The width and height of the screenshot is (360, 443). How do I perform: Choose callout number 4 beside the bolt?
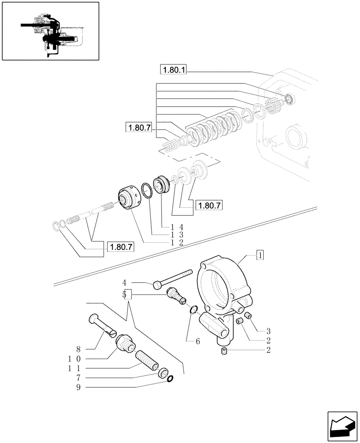click(x=125, y=282)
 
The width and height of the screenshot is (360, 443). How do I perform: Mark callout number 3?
click(x=268, y=331)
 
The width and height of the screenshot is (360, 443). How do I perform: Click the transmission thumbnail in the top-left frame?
click(x=50, y=31)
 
